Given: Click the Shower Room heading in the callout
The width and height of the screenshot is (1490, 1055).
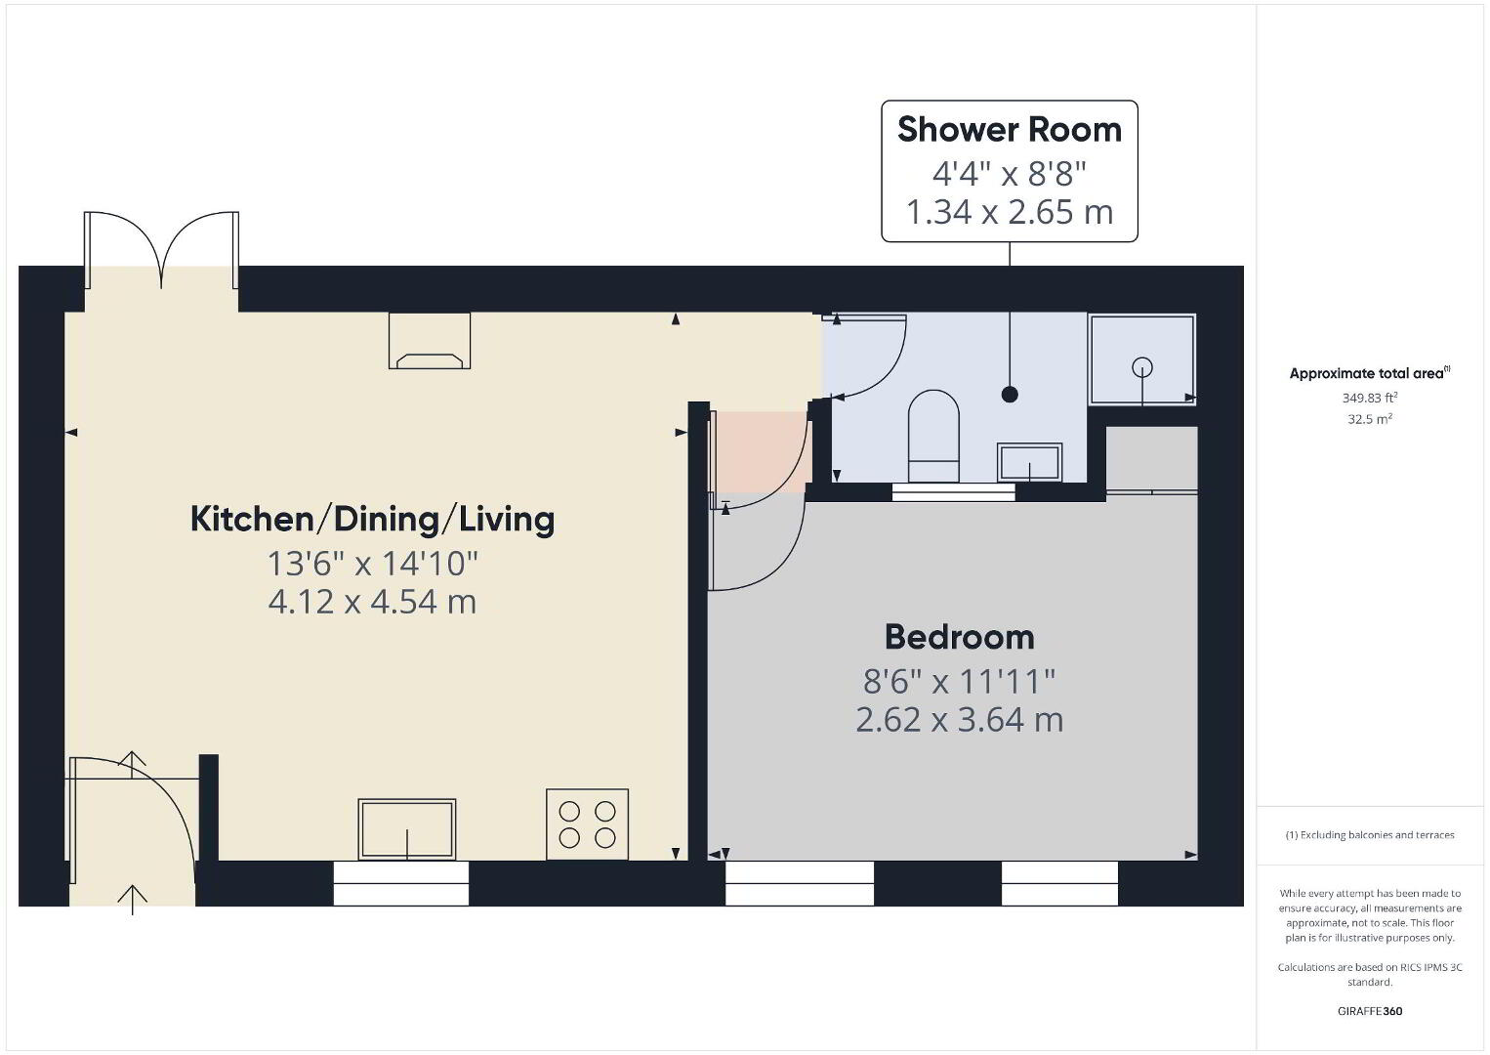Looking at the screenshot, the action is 1009,129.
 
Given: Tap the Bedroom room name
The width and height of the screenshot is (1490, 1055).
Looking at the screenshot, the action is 959,637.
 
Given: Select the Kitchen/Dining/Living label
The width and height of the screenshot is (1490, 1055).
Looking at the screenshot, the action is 373,519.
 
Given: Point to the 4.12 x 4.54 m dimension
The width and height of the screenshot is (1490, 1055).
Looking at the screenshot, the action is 373,602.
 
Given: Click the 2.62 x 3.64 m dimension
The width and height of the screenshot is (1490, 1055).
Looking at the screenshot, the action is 959,720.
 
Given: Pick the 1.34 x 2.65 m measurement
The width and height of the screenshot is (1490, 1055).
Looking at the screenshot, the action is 1009,212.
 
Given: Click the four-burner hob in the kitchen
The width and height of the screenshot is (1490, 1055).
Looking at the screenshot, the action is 588,824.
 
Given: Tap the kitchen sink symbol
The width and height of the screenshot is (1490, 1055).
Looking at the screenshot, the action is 407,829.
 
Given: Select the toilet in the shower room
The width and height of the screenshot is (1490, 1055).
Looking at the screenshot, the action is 933,436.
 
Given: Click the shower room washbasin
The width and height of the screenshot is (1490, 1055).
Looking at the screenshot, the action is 1030,462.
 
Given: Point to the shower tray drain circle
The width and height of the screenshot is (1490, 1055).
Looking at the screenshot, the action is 1142,366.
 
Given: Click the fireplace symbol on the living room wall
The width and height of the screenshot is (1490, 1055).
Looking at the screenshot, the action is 430,340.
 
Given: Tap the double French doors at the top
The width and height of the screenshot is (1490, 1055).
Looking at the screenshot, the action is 162,250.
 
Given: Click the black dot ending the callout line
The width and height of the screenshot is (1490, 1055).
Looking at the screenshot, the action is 1010,395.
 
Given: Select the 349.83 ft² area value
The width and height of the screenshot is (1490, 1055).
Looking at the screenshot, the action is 1370,398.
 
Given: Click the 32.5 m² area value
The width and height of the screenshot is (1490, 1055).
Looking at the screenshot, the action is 1370,419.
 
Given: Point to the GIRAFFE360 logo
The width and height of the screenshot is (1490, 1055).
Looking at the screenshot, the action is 1370,1011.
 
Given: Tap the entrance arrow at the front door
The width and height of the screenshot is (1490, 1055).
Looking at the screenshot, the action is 133,900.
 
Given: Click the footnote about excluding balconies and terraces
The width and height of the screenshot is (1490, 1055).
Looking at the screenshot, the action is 1370,834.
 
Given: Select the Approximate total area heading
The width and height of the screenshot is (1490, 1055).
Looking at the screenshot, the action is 1370,373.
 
